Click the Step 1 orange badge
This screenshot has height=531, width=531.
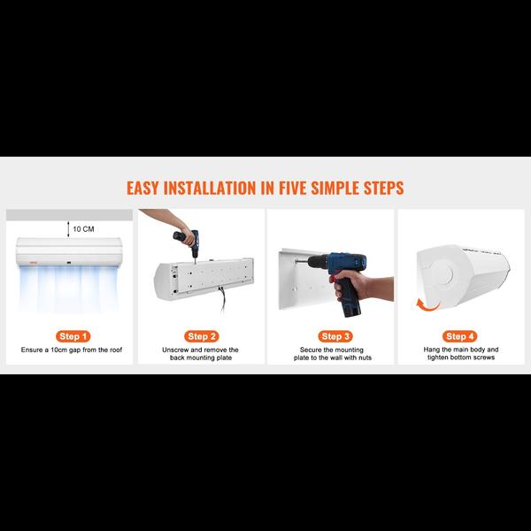73,336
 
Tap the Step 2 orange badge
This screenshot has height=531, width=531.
202,336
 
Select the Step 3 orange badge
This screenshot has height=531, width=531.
332,336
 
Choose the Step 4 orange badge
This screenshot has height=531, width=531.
460,336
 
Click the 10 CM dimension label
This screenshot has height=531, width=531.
83,228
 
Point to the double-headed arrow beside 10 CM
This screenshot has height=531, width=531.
67,228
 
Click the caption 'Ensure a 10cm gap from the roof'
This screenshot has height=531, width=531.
73,350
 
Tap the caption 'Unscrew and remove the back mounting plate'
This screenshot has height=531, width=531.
202,355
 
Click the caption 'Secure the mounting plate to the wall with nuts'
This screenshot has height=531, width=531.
332,355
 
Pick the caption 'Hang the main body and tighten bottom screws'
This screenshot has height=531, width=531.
460,355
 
